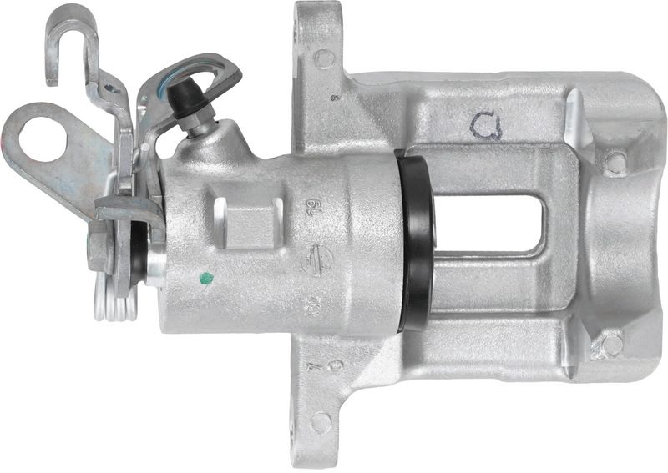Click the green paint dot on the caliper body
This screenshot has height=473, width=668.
click(207, 278)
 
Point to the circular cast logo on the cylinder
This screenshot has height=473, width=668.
click(311, 260)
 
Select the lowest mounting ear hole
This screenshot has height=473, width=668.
click(320, 422)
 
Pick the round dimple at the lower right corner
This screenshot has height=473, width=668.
click(611, 344)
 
